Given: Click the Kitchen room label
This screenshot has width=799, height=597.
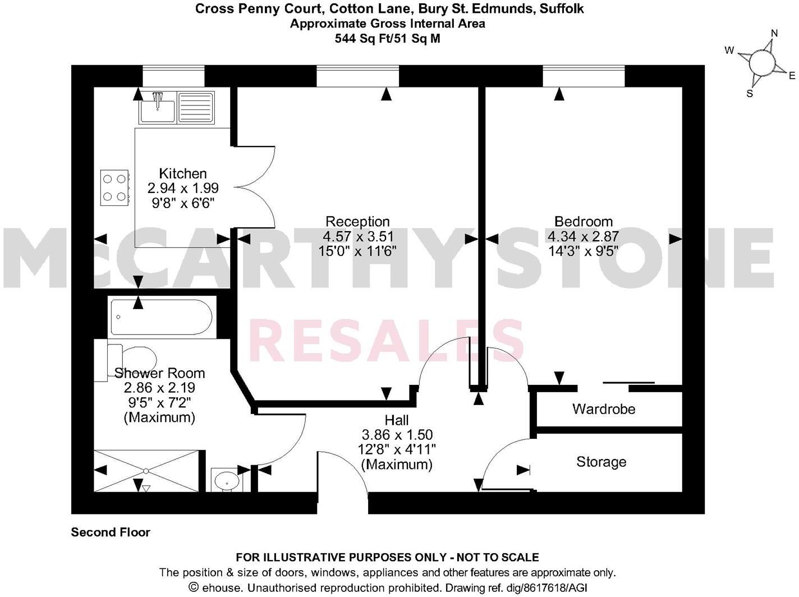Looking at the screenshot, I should (183, 173).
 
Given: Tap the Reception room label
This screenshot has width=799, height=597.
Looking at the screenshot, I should (357, 222).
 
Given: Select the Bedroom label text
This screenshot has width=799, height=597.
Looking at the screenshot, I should (584, 221).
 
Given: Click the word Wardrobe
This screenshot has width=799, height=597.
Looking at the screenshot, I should (604, 409).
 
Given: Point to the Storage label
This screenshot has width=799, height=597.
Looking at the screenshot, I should (601, 462).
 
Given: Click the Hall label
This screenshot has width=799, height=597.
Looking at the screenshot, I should (396, 420).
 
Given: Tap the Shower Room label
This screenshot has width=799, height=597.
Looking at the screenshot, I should (159, 373).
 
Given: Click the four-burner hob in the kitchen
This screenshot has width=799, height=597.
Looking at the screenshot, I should (114, 187).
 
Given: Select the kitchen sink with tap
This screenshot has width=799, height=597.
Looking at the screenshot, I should (158, 107).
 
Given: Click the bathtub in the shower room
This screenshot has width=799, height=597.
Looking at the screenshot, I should (161, 318).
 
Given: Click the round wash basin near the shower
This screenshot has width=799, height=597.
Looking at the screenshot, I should (227, 480).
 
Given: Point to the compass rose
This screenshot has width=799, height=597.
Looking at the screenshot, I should (761, 62).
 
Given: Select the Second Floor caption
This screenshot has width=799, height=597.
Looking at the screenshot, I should (111, 532).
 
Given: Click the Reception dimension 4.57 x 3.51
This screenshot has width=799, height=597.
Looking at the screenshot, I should (358, 237).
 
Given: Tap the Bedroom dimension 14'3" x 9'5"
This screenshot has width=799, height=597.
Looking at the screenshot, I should (584, 251).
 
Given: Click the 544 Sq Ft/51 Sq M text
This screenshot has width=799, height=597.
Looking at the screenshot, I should (387, 38).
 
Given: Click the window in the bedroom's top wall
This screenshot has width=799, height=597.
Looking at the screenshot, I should (584, 76).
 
